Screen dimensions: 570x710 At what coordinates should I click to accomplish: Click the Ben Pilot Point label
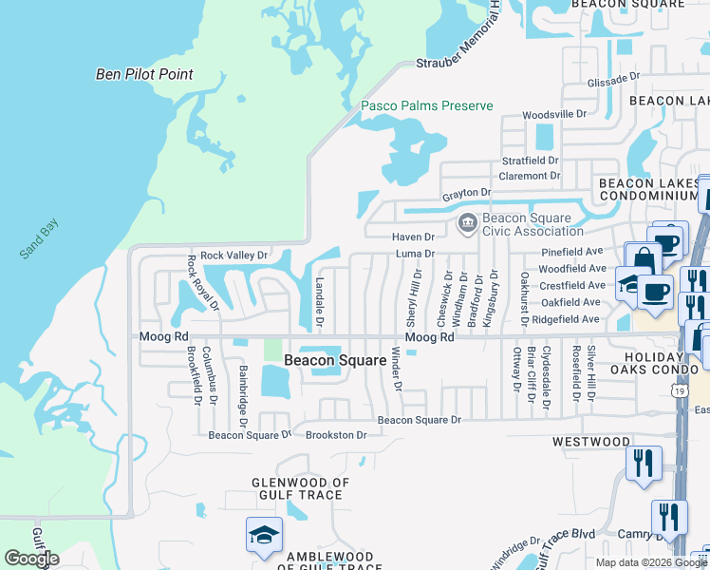[x=144, y=74]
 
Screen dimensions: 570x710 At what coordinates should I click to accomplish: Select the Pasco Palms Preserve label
[x=426, y=105]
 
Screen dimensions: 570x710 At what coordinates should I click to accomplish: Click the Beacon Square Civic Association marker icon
[x=467, y=224]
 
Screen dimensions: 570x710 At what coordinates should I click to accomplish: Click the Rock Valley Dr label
[x=234, y=255]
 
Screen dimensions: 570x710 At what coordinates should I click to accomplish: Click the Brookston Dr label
[x=336, y=435]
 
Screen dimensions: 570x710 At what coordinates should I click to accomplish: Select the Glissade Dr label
[x=615, y=83]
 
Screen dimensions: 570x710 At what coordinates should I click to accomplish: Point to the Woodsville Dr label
[x=555, y=114]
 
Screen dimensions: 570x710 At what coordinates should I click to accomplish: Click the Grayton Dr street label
[x=466, y=193]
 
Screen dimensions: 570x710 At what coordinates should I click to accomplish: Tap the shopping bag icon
[x=644, y=259]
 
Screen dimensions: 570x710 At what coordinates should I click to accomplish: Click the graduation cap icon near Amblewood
[x=264, y=535]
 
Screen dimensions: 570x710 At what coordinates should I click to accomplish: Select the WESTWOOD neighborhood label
[x=591, y=442]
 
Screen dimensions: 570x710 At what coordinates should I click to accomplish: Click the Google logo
[x=31, y=559]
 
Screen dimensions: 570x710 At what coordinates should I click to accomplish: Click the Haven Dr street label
[x=413, y=237]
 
